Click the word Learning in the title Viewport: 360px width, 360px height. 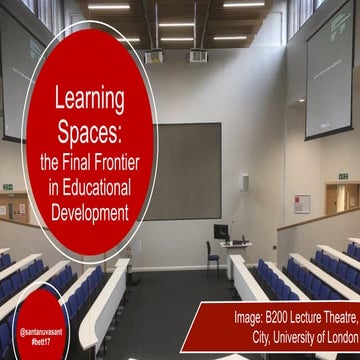(89, 99)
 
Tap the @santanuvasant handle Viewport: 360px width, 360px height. (42, 328)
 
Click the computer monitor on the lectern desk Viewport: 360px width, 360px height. (221, 231)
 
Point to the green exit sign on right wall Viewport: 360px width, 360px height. (342, 176)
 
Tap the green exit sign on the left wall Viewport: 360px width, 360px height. (7, 187)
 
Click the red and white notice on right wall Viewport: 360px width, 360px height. (302, 204)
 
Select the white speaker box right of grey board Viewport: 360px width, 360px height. (244, 182)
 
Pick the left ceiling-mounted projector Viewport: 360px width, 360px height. (154, 56)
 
